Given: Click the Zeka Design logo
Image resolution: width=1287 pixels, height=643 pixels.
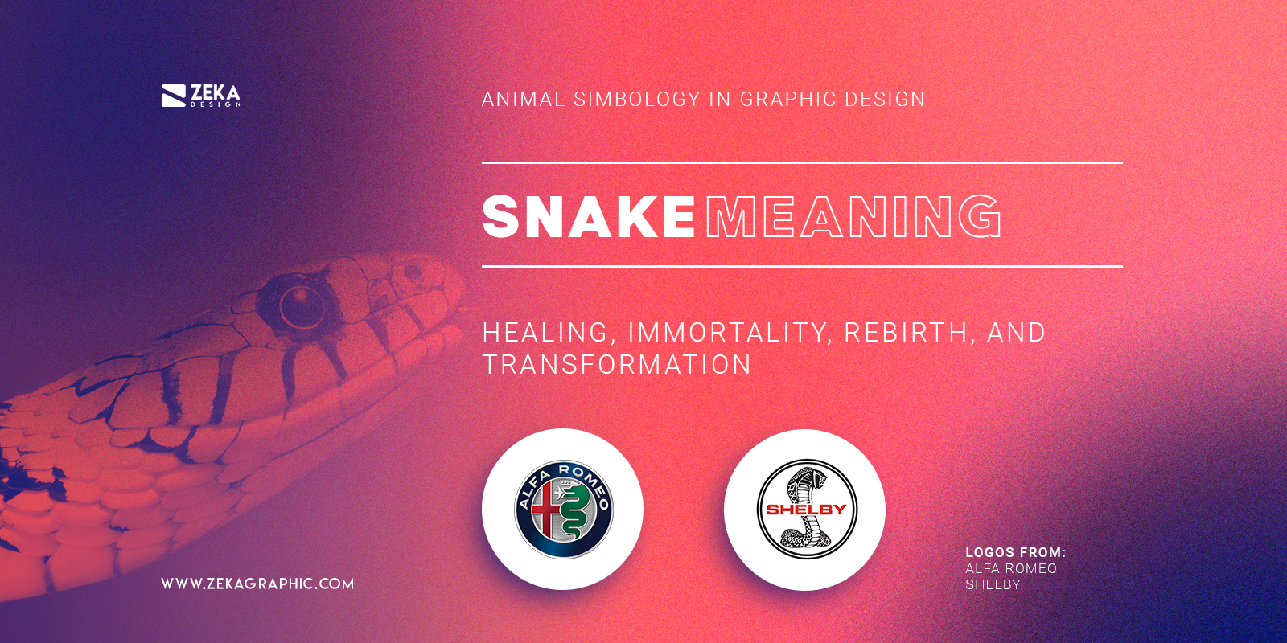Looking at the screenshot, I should [200, 96].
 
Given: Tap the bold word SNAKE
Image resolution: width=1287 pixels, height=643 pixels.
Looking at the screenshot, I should [588, 217].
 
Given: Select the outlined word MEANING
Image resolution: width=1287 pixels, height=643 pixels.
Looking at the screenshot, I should [853, 217].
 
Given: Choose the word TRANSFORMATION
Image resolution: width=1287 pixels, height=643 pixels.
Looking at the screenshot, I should [617, 365].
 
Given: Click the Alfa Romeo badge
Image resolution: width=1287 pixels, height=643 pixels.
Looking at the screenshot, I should [563, 509].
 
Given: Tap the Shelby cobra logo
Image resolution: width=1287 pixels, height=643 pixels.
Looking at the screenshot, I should [806, 510].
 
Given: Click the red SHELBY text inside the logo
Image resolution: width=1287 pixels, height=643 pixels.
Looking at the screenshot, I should [806, 510].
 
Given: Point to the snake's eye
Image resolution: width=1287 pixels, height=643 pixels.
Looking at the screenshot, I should [300, 305].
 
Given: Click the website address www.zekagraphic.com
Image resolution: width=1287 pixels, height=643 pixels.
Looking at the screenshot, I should [257, 584].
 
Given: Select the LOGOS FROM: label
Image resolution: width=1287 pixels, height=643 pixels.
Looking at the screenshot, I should [1015, 552].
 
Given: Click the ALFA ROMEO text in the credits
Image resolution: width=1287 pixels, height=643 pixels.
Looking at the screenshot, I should [1011, 568].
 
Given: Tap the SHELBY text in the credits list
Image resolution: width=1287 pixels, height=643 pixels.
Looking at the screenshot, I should [993, 584].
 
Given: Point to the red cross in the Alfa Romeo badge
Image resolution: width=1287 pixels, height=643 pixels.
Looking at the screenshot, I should [546, 510].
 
